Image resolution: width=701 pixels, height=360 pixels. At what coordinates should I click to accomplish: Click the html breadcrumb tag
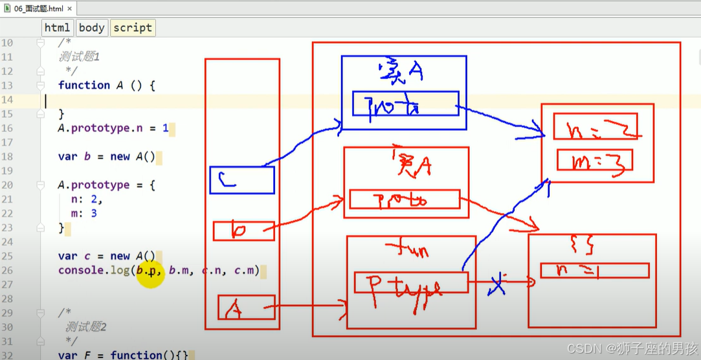point(57,28)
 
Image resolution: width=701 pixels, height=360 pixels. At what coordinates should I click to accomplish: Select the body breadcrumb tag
point(91,28)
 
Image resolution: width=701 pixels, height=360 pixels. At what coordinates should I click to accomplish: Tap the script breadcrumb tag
point(132,28)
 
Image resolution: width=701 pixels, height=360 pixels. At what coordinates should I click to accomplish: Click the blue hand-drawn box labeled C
point(242,180)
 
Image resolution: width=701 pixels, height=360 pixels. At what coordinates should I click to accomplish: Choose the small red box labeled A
point(246,311)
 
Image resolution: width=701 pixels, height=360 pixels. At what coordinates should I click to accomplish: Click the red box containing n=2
point(595,126)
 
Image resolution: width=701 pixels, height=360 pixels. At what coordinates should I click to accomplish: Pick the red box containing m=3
point(594,160)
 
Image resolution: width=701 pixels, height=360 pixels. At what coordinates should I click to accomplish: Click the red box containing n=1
point(594,270)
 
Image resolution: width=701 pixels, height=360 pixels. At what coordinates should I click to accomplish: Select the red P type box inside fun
point(410,283)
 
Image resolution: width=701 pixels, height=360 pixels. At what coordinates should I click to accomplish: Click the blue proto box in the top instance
point(405,104)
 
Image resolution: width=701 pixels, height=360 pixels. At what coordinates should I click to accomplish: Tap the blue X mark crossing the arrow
point(496,282)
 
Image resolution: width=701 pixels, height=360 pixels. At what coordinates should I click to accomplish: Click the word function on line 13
point(83,85)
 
